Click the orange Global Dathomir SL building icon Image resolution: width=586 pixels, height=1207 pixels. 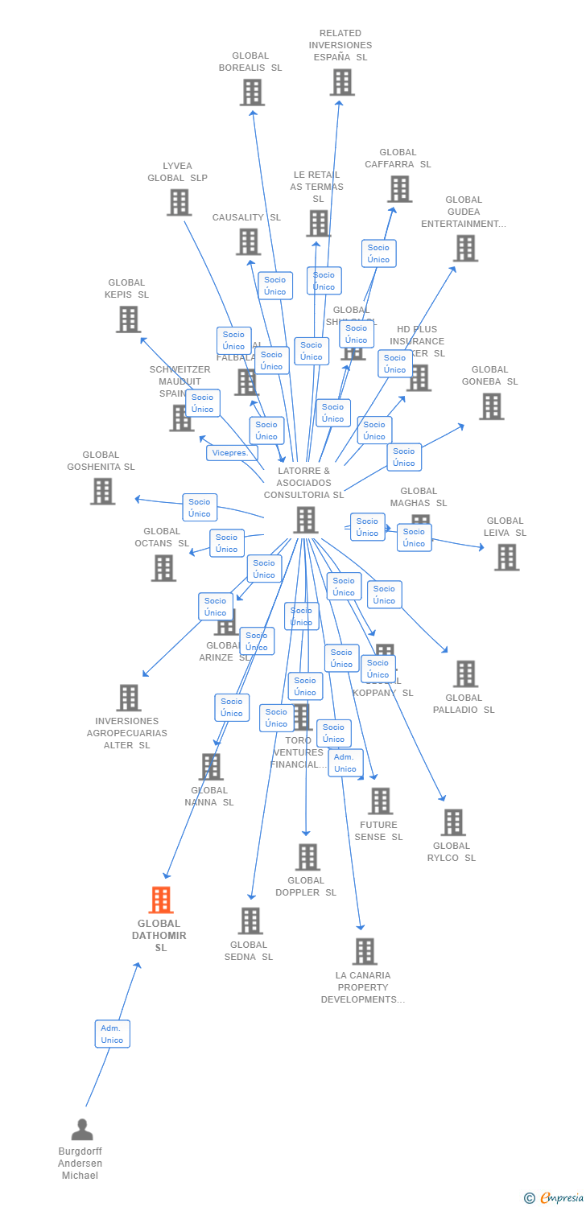coord(161,900)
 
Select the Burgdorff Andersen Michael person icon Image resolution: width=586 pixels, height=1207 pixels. coord(82,1130)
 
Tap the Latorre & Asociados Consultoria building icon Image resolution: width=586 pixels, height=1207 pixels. coord(306,520)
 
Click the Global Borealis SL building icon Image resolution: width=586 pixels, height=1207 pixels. coord(252,93)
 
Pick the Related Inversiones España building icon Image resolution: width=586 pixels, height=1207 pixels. coord(342,82)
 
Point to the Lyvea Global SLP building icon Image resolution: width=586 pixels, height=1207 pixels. coord(179,203)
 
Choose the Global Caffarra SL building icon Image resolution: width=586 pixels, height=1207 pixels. coord(399,189)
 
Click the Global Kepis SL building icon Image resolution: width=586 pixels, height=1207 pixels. coord(128,319)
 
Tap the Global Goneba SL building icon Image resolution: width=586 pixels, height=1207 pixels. coord(491,406)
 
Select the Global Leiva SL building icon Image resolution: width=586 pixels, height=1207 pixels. coord(506,557)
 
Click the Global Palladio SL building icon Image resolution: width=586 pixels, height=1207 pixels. coord(465,674)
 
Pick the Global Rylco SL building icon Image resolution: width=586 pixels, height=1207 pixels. coord(453,822)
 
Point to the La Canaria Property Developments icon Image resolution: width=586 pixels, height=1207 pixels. coord(365,951)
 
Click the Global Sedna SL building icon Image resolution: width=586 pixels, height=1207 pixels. coord(250,921)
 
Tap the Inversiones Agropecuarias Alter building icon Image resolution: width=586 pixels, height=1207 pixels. coord(129,698)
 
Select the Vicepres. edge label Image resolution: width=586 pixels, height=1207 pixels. coord(232,453)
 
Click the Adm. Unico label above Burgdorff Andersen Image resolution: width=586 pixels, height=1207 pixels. coord(112,1034)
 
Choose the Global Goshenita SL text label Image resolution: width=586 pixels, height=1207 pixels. coord(101,461)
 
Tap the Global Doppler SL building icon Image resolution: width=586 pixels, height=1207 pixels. coord(307,857)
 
